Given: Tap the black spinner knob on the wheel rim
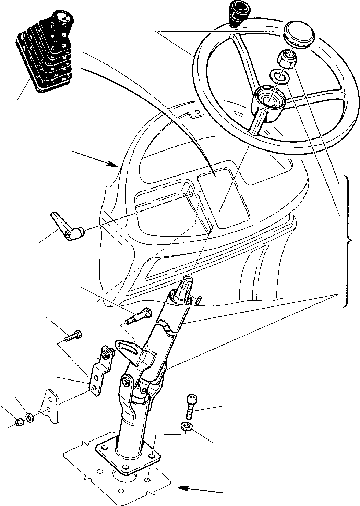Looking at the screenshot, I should point(237,15).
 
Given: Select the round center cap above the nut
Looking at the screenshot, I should point(299,33).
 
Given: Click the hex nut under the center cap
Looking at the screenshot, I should point(287,59).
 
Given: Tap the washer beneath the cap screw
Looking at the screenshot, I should point(186,426).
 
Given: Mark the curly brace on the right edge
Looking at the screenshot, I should point(348,240).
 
